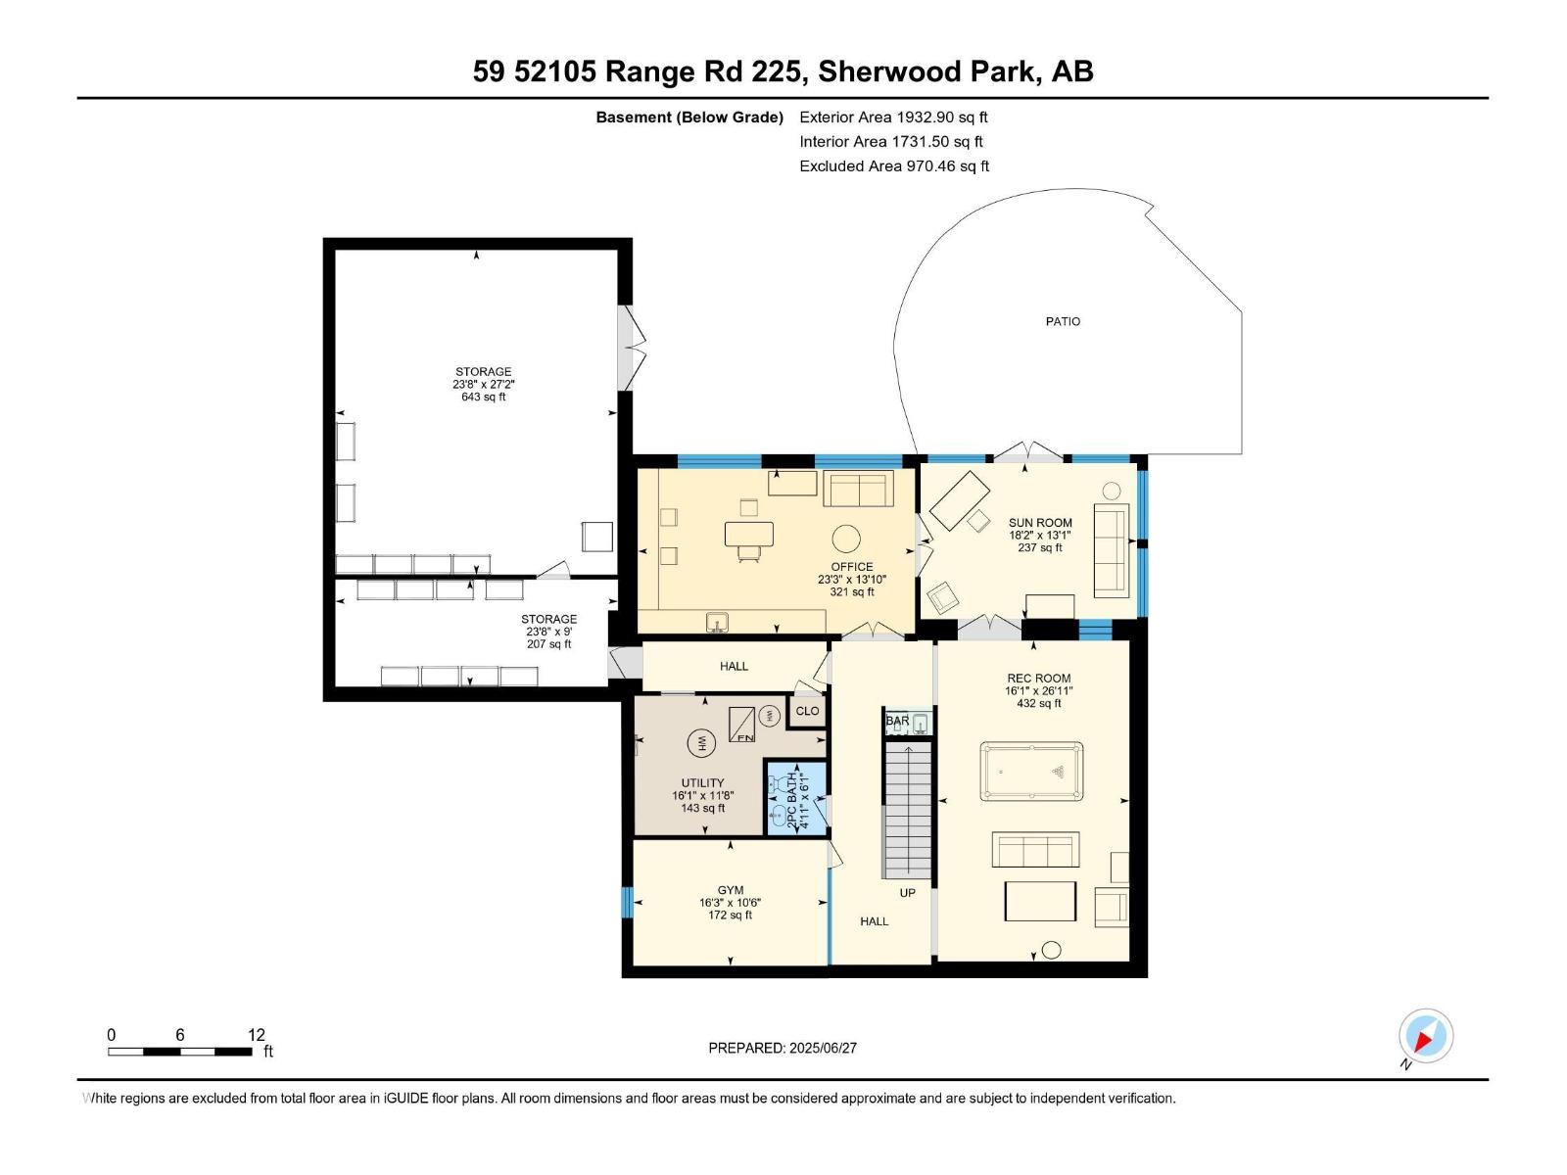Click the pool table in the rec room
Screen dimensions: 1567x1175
1031,772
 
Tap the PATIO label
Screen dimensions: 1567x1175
1063,322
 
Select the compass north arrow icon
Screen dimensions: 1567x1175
1425,1037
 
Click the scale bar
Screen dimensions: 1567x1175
180,1051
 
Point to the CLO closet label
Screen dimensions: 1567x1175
807,711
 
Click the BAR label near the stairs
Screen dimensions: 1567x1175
897,721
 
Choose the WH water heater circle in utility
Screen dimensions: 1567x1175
700,743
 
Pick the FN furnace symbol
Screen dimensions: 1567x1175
741,725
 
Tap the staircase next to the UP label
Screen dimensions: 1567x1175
907,811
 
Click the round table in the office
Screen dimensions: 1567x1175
845,538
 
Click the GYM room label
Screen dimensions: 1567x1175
730,890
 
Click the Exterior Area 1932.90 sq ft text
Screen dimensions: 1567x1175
893,117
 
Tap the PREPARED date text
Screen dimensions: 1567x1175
782,1048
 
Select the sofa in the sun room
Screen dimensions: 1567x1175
1111,550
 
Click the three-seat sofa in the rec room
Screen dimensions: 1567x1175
1035,849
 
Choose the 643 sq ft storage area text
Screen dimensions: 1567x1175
483,397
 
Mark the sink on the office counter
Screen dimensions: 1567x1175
717,623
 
